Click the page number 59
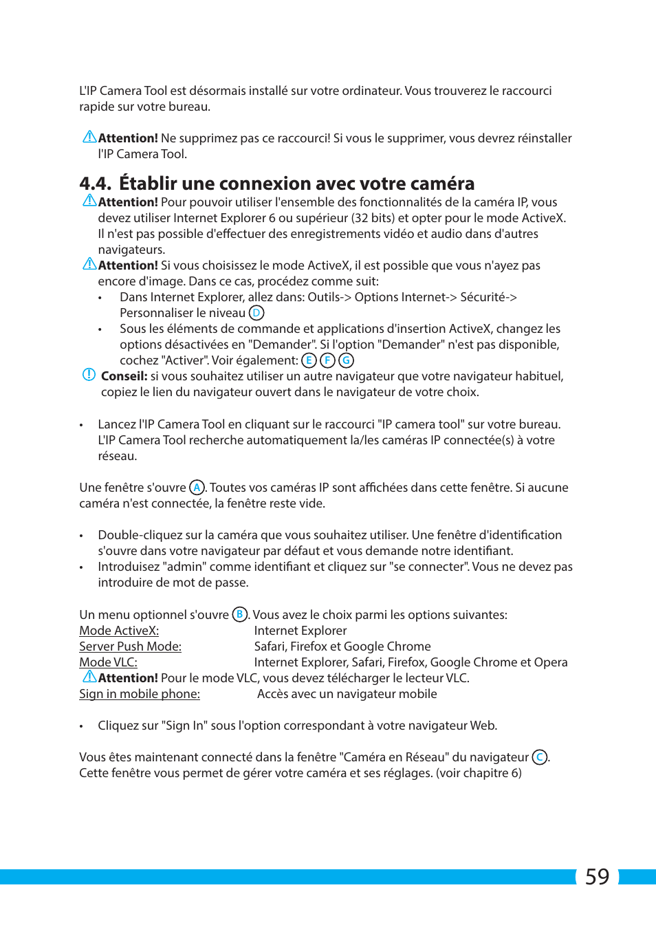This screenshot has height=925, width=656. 597,877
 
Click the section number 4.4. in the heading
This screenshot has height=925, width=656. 95,184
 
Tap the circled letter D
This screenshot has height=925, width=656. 256,313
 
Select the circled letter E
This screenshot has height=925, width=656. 309,360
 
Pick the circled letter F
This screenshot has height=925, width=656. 327,360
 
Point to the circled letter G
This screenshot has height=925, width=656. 346,360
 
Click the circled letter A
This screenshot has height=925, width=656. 197,488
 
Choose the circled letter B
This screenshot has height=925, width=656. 239,614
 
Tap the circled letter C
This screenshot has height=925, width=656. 540,757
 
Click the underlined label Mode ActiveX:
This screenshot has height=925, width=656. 119,631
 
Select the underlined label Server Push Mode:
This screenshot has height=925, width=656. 130,646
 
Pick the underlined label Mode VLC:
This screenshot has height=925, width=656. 108,662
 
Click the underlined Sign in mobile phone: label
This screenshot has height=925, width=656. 140,694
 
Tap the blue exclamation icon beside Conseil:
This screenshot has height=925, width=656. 89,375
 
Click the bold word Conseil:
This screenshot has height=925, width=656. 124,376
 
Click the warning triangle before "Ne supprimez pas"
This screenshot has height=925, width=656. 89,137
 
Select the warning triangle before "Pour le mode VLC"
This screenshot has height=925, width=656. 89,677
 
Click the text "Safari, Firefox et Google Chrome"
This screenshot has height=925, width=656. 342,646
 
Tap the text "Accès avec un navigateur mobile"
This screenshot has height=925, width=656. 347,694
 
